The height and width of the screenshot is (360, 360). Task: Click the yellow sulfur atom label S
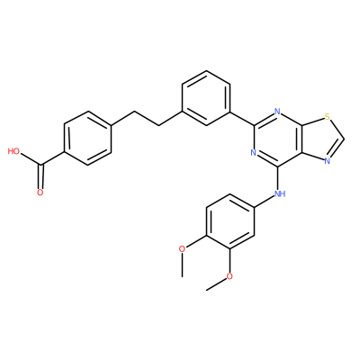coord(328,116)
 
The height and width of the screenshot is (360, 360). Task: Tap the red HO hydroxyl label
coord(13,151)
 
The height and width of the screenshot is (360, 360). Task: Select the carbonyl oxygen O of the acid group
coord(40,193)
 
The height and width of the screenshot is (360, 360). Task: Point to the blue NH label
coord(280,193)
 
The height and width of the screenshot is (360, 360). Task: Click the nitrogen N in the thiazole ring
coord(328,161)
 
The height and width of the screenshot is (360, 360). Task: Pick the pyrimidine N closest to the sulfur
coord(277,112)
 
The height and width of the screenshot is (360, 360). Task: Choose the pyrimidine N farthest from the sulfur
coord(254,153)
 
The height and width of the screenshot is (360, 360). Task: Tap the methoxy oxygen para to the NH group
coord(182,248)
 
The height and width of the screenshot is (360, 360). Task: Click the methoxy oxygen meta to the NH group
coord(229,276)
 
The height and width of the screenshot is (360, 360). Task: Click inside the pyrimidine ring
coord(277,139)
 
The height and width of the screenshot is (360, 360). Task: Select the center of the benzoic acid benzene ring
coord(87,139)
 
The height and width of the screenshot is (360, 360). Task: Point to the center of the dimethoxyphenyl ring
coord(229,221)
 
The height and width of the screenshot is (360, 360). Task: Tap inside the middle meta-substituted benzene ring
coord(206,98)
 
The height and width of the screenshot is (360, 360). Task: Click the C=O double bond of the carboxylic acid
coord(40,178)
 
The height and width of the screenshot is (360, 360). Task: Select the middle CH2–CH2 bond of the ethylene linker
coord(147,119)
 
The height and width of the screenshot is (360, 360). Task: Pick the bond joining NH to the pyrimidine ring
coord(277,178)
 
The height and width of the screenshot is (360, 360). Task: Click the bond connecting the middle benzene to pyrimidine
coord(242,119)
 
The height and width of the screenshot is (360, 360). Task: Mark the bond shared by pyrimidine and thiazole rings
coord(301,139)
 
